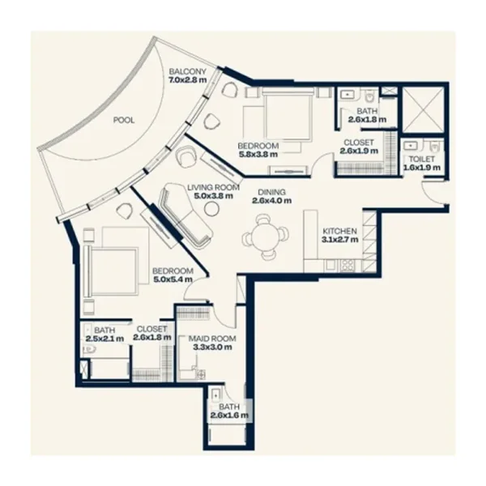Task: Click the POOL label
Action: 124,120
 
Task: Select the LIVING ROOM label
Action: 213,187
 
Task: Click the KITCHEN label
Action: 340,231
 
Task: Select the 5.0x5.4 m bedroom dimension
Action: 173,279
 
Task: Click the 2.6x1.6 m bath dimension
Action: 228,416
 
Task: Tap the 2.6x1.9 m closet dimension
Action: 359,151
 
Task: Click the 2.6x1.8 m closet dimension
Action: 151,338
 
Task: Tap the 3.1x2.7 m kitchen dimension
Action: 340,240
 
